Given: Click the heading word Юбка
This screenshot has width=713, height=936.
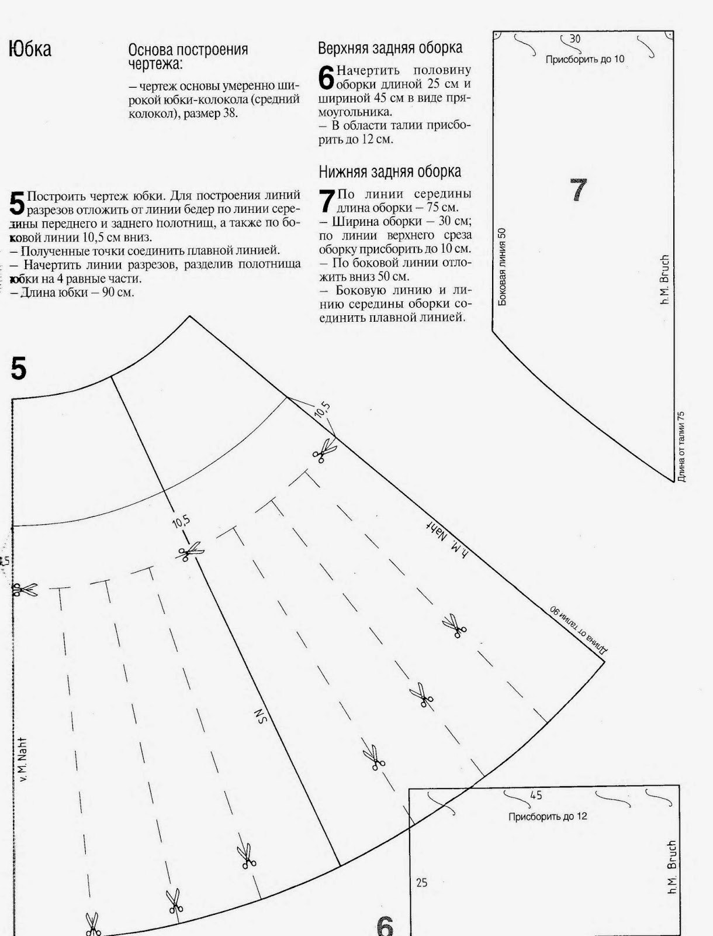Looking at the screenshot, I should click(30, 49).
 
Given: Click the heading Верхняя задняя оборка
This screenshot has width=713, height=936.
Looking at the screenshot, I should click(390, 47).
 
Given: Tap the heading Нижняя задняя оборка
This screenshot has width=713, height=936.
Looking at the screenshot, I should click(390, 171).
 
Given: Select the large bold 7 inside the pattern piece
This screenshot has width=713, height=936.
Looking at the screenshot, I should click(578, 190).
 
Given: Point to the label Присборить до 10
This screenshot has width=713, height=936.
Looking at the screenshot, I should click(584, 59).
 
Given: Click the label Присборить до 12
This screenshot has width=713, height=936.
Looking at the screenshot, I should click(548, 816).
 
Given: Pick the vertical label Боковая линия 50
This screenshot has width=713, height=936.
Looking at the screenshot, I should click(503, 267).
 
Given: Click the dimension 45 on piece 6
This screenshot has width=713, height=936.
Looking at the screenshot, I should click(535, 796).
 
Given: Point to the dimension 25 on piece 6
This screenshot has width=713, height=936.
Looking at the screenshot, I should click(421, 883).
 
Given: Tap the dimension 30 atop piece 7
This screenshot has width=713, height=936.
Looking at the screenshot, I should click(574, 39).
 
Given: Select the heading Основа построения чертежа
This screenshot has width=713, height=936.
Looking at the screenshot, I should click(188, 56).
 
